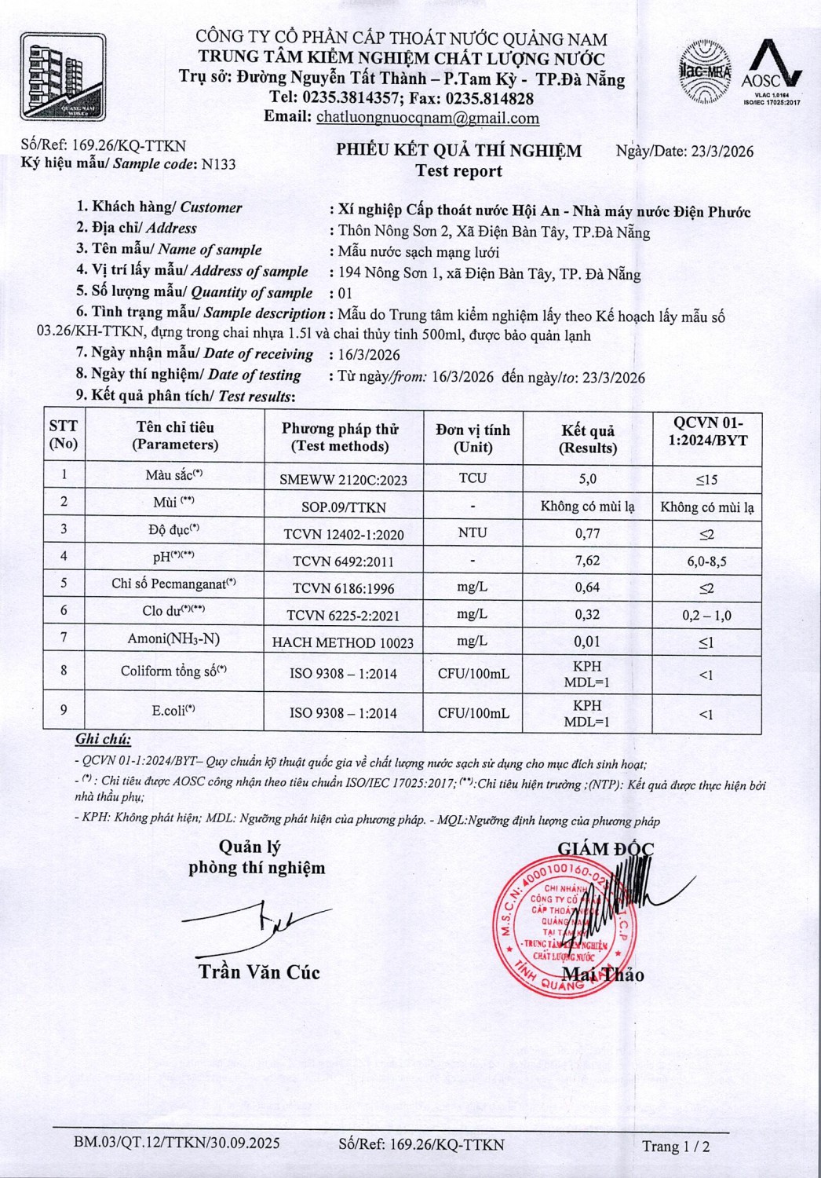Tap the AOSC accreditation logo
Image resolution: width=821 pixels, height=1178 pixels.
(x=772, y=72)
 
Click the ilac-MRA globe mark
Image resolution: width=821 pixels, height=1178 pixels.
(x=704, y=73)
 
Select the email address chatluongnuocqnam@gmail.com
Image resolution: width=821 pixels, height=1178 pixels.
(x=428, y=118)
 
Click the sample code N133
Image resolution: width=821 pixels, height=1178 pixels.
(x=218, y=164)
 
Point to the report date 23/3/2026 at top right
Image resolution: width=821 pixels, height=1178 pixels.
(x=722, y=152)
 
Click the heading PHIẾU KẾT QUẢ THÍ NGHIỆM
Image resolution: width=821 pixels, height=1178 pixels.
(x=459, y=151)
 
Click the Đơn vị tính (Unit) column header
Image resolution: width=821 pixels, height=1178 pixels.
(x=473, y=438)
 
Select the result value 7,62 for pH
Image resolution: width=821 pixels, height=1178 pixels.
(x=587, y=560)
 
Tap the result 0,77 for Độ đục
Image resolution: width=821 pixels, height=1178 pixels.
(x=587, y=533)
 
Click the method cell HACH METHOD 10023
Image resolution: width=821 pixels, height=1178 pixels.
(x=343, y=642)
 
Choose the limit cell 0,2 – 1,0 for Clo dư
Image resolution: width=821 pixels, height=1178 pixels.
(x=706, y=615)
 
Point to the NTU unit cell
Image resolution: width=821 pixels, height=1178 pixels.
(x=473, y=532)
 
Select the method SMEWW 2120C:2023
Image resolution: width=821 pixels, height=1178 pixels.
(x=343, y=480)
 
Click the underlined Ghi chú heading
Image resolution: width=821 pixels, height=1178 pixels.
(x=103, y=739)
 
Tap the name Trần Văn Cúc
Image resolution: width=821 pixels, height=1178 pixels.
(x=259, y=972)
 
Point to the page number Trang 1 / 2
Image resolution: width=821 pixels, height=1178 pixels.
(x=676, y=1147)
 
